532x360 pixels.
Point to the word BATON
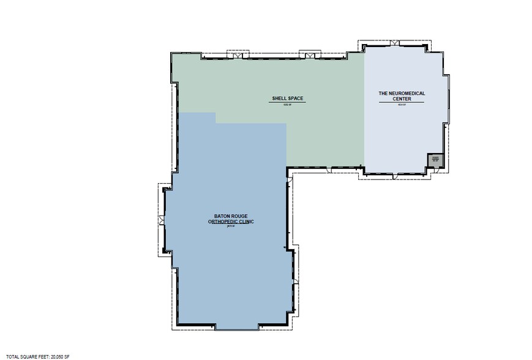pos(223,216)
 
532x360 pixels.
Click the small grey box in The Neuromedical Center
pos(435,160)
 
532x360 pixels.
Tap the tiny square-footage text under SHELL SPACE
pos(287,104)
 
